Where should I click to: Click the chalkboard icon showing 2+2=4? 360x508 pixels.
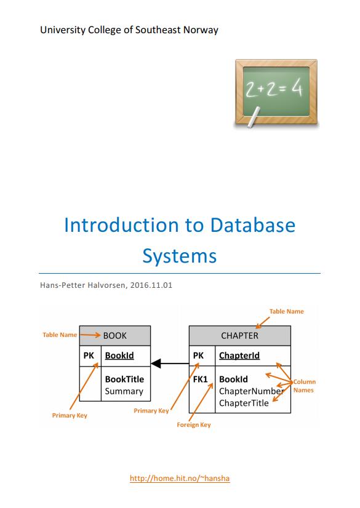coord(276,93)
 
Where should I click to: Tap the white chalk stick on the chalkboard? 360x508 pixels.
coord(254,117)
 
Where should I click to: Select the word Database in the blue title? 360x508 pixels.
coord(253,225)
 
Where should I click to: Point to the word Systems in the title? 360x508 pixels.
coord(180,256)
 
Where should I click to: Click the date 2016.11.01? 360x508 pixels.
coord(151,285)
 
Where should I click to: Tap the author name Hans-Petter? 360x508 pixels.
coord(62,285)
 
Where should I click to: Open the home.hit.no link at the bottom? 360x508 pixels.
coord(180,478)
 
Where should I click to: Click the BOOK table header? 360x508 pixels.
coord(115,336)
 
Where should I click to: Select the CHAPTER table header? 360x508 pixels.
coord(240,336)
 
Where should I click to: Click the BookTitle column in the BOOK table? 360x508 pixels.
coord(124,379)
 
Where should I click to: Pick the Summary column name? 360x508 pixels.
coord(124,391)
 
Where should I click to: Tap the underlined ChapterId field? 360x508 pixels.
coord(239,355)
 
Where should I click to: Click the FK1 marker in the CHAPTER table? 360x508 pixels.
coord(200,379)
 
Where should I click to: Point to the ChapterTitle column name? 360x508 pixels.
coord(244,403)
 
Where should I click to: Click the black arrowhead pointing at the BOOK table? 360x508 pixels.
coord(156,363)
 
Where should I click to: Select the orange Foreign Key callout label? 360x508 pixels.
coord(194,425)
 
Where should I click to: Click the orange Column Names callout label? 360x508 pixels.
coord(304,386)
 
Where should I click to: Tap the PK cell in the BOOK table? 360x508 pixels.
coord(89,355)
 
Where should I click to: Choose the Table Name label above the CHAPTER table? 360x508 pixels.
coord(286,311)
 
